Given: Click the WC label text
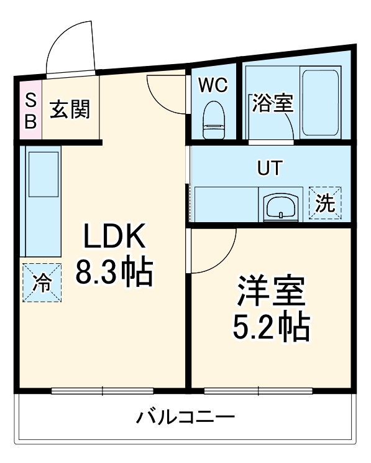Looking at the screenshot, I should tap(213, 85).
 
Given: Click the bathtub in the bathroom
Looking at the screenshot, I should tap(320, 103).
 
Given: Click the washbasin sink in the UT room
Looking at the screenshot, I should tap(282, 206).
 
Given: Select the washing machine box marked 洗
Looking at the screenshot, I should tap(325, 203).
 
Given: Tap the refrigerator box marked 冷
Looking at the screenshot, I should tap(43, 283).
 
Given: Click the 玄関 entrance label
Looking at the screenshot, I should tap(70, 110).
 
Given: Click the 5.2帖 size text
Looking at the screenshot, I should tap(271, 325).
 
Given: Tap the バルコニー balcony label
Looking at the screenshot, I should tap(185, 416).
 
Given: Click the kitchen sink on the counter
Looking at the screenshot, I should tap(42, 172).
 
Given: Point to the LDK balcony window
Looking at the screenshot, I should tap(103, 391).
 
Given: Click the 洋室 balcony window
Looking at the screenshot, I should tap(255, 391).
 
